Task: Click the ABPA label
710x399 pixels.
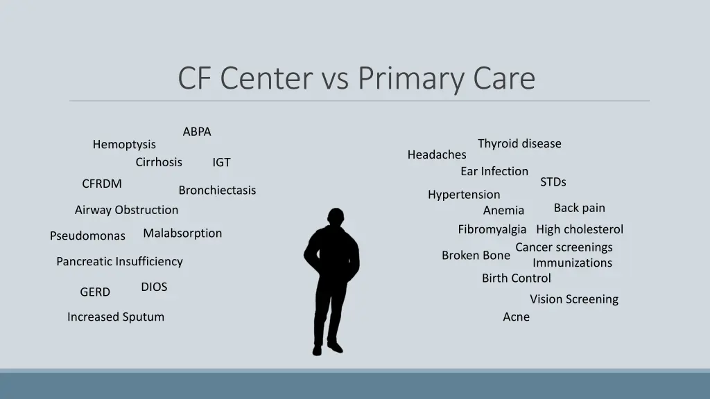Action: pyautogui.click(x=197, y=132)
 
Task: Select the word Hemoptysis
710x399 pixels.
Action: pyautogui.click(x=124, y=145)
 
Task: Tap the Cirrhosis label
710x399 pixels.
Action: pyautogui.click(x=159, y=162)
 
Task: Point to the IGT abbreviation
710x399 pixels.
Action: pyautogui.click(x=221, y=163)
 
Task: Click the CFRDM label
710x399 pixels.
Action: pyautogui.click(x=102, y=184)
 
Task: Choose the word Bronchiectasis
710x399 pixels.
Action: pyautogui.click(x=217, y=190)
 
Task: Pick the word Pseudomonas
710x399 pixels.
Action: pyautogui.click(x=87, y=236)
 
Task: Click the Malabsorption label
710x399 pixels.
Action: pyautogui.click(x=182, y=233)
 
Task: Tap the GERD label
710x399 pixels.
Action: pyautogui.click(x=95, y=292)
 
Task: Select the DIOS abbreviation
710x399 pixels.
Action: pyautogui.click(x=154, y=287)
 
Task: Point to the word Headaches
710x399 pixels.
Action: pyautogui.click(x=437, y=154)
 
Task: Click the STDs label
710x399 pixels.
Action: pyautogui.click(x=553, y=181)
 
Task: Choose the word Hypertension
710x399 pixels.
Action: pyautogui.click(x=464, y=195)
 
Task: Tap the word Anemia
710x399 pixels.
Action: pyautogui.click(x=503, y=211)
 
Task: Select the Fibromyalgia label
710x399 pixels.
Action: pyautogui.click(x=492, y=229)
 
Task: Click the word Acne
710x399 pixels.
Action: pyautogui.click(x=516, y=317)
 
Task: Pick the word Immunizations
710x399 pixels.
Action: pyautogui.click(x=572, y=263)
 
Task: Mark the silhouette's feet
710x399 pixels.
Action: pyautogui.click(x=327, y=348)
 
